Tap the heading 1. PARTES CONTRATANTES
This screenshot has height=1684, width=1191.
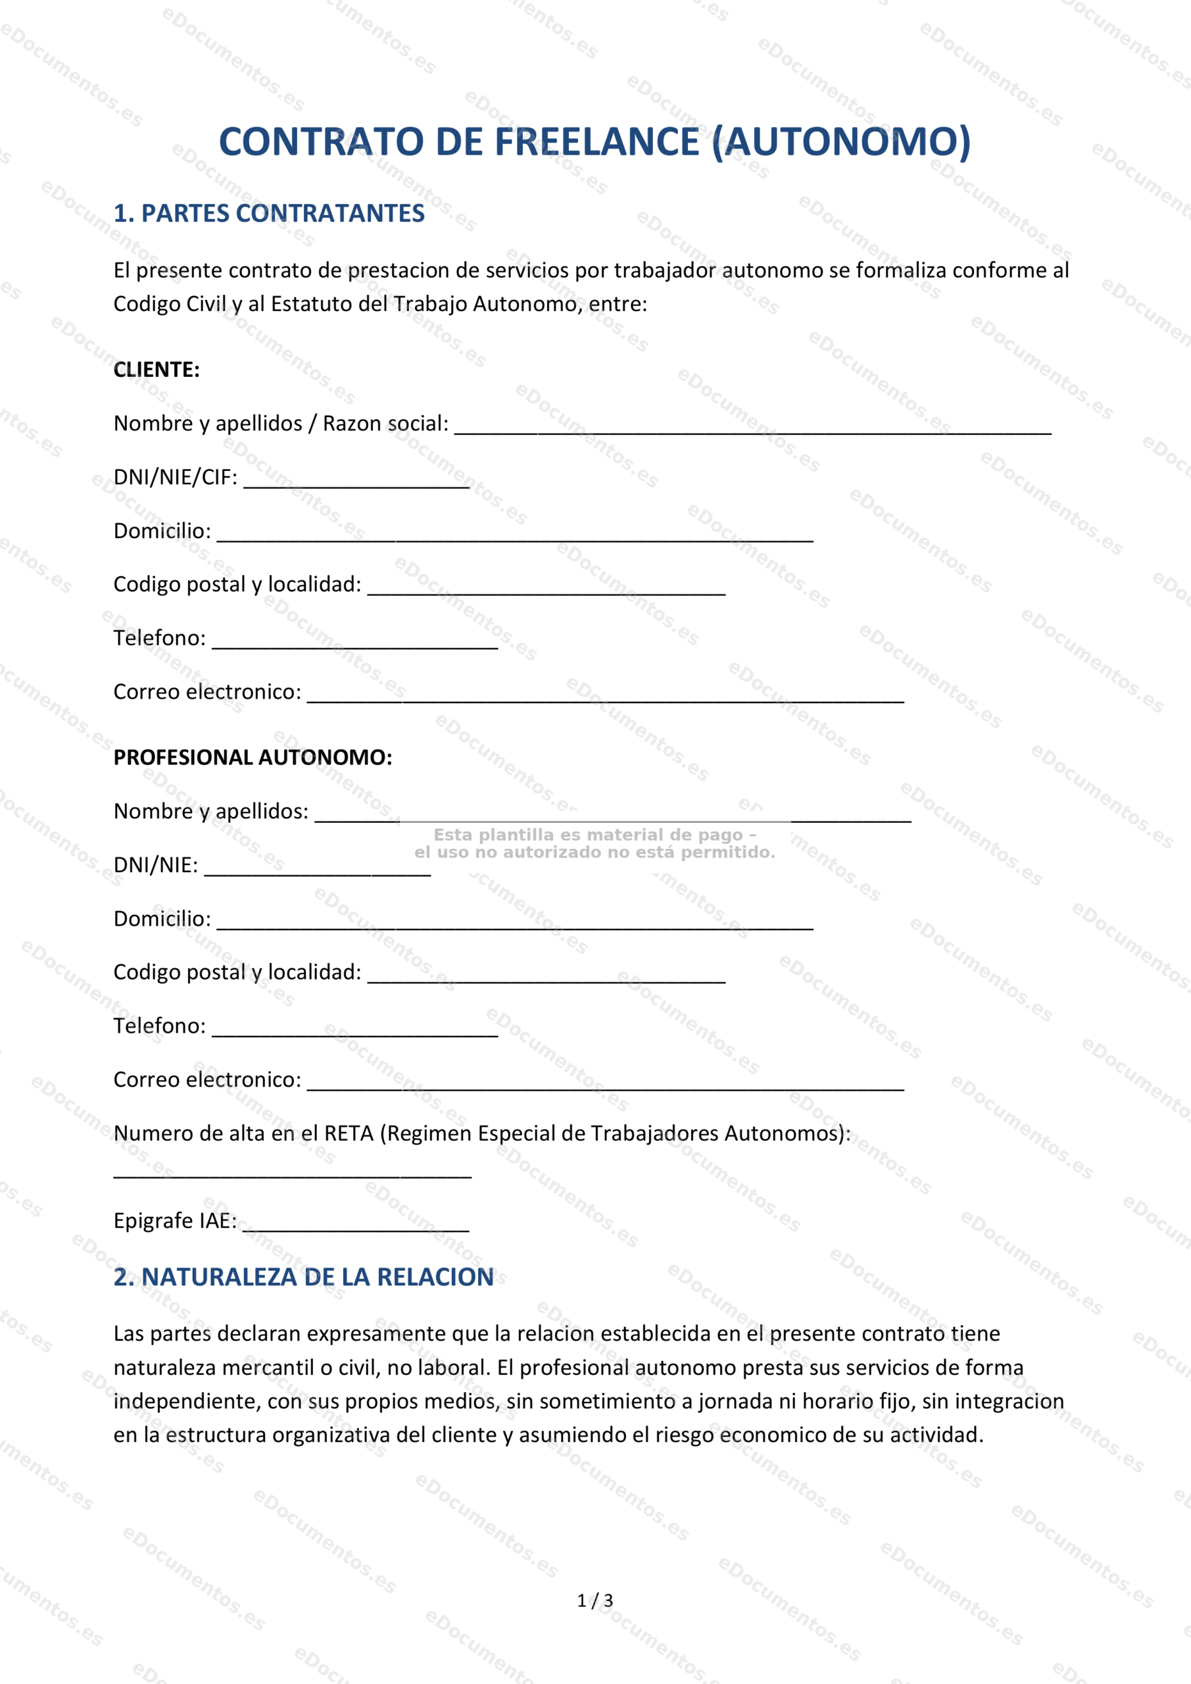point(268,213)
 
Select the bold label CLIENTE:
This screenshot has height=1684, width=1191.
point(157,370)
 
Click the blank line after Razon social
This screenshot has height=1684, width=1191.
point(752,428)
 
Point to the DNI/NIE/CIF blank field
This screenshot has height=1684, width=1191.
point(356,482)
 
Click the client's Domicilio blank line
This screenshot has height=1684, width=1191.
point(515,535)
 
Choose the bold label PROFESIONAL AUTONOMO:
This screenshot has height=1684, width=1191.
point(253,758)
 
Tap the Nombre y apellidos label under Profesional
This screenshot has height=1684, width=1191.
point(210,811)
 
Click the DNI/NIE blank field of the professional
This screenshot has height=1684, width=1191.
point(317,870)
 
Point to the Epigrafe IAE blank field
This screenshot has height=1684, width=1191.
point(356,1226)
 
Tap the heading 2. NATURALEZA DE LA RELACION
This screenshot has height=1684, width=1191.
point(304,1277)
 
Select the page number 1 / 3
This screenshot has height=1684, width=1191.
point(595,1600)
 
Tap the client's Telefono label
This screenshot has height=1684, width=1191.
point(159,638)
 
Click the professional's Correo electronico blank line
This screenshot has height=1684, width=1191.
point(605,1085)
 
